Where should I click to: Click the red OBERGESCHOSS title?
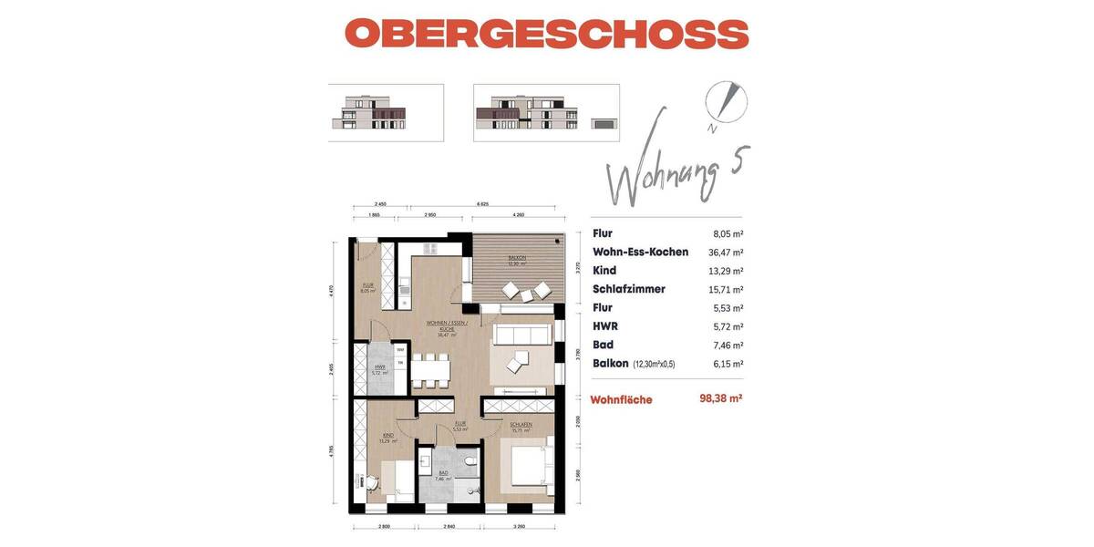[546, 34]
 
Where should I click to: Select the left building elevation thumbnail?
[386, 112]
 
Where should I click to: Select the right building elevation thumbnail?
[546, 112]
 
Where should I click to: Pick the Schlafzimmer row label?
[628, 289]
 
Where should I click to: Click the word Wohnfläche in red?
[621, 399]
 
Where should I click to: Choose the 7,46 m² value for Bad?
[728, 345]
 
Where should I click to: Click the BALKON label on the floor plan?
[516, 259]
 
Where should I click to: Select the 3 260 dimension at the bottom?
[520, 527]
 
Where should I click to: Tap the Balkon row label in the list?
[611, 363]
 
